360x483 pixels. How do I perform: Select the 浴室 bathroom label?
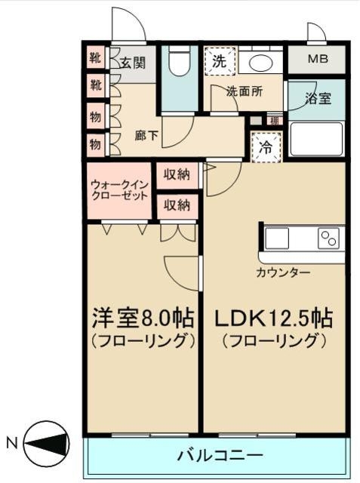pyautogui.click(x=316, y=98)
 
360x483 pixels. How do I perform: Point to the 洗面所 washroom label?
pyautogui.click(x=245, y=92)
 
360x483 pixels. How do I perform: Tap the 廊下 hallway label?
pyautogui.click(x=147, y=137)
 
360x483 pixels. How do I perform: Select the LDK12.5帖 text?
pyautogui.click(x=273, y=317)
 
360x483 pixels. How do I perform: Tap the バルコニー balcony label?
pyautogui.click(x=220, y=456)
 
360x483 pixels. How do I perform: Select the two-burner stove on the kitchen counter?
pyautogui.click(x=328, y=238)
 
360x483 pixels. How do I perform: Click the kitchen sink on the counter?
pyautogui.click(x=277, y=238)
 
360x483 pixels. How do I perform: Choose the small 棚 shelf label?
pyautogui.click(x=275, y=121)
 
